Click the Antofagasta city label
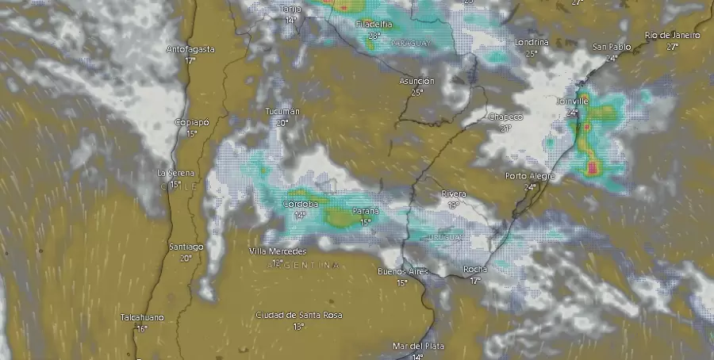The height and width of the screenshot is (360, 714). coord(190,49)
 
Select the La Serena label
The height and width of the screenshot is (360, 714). coord(175,172)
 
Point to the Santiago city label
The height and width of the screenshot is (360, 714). coord(186,247)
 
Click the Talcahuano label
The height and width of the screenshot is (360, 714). coord(142,317)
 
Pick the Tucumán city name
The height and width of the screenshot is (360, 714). coord(283,112)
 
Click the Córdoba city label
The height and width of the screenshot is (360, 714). coord(300,204)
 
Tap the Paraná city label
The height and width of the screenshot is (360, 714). coord(365,211)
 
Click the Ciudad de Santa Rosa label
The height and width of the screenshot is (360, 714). coord(298,315)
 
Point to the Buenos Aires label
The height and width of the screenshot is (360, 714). coord(402,272)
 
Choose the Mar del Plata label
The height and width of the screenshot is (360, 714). coord(418,347)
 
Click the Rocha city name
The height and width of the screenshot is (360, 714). coord(475,270)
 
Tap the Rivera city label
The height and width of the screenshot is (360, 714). coord(454,193)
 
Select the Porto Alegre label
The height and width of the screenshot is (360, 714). coord(530,176)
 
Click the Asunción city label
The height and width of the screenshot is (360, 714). coord(416,81)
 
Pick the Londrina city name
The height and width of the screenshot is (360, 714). coord(532,42)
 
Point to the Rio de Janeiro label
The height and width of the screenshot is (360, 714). coord(672,35)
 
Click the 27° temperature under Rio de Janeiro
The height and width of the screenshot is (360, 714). coord(672,47)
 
